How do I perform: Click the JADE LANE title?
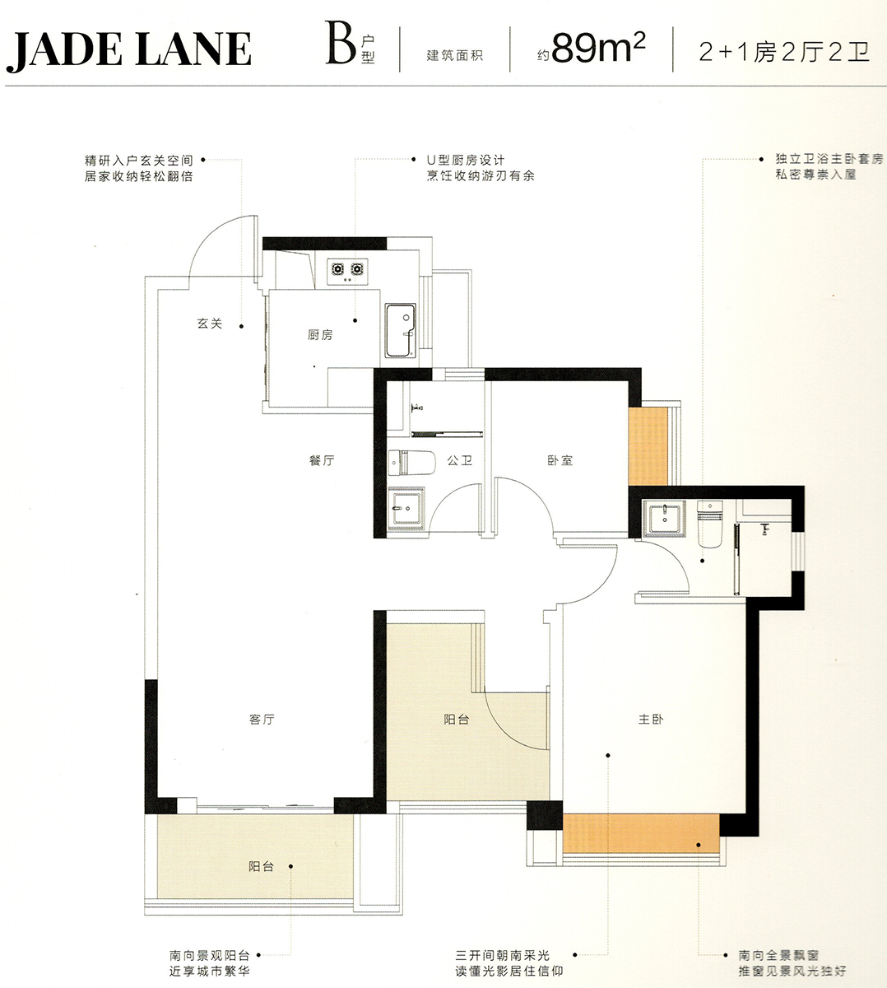pyautogui.click(x=128, y=50)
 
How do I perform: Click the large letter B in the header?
pyautogui.click(x=341, y=43)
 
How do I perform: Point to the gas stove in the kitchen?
pyautogui.click(x=347, y=271)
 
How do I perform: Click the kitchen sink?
pyautogui.click(x=400, y=331)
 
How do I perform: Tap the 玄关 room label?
pyautogui.click(x=210, y=324)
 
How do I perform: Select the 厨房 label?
pyautogui.click(x=320, y=335)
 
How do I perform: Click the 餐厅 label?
pyautogui.click(x=322, y=460)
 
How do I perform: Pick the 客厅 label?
pyautogui.click(x=262, y=720)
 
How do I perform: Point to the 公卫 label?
pyautogui.click(x=460, y=460)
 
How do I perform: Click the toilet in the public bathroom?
pyautogui.click(x=411, y=463)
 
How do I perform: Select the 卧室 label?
pyautogui.click(x=560, y=460)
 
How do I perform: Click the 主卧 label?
pyautogui.click(x=651, y=720)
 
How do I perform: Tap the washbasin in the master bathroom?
pyautogui.click(x=664, y=519)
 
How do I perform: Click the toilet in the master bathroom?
pyautogui.click(x=710, y=524)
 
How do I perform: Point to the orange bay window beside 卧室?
pyautogui.click(x=648, y=446)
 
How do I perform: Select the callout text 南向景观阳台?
pyautogui.click(x=210, y=955)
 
